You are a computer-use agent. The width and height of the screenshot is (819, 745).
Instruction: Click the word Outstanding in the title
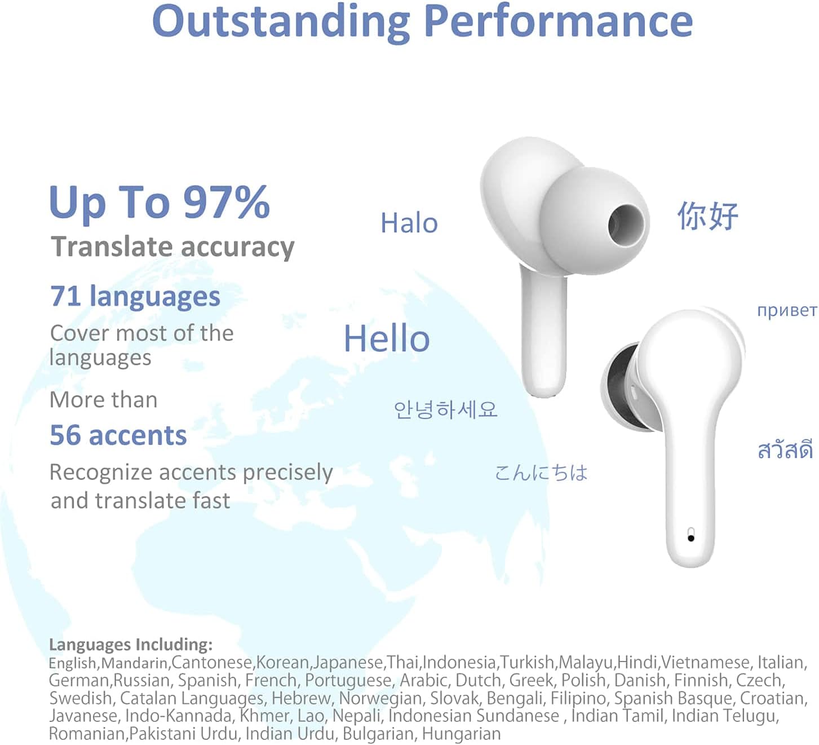(x=280, y=21)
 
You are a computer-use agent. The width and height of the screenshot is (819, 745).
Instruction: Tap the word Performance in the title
(x=557, y=21)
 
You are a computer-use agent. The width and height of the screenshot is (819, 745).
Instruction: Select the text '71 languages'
(x=135, y=296)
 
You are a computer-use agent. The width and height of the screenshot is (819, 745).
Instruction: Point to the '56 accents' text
(x=118, y=435)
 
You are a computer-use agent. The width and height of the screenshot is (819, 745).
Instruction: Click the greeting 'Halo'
(x=409, y=223)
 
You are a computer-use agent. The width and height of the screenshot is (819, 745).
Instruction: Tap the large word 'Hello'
(x=387, y=339)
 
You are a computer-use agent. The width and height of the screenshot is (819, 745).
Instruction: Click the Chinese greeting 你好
(x=707, y=216)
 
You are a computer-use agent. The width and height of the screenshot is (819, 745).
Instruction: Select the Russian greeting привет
(x=786, y=310)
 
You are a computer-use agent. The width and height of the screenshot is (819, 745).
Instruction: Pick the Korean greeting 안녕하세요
(x=445, y=409)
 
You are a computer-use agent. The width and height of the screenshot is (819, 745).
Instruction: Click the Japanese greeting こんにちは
(x=541, y=473)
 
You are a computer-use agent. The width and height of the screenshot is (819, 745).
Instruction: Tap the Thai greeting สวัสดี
(x=785, y=450)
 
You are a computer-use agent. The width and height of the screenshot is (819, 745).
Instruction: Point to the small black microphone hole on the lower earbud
(x=691, y=537)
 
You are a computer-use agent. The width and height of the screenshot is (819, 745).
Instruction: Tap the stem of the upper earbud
(x=543, y=338)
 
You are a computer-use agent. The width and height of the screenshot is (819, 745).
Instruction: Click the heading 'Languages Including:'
(x=131, y=644)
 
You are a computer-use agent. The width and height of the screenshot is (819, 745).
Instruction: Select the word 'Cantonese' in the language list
(x=212, y=662)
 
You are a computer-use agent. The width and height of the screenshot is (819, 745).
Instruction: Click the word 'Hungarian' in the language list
(x=461, y=734)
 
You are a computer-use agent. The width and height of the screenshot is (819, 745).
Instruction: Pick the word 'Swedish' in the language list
(x=81, y=698)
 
